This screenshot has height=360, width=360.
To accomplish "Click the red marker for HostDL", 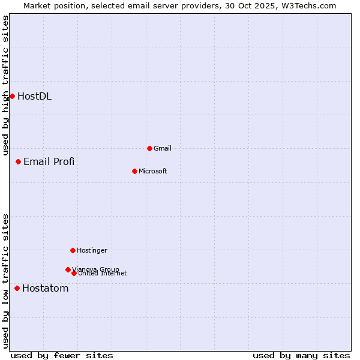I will click(12, 96).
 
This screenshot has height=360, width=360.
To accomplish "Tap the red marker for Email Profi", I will click(18, 161).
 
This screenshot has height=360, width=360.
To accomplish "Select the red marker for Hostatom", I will click(17, 288).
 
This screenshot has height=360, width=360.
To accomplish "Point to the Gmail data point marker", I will click(149, 148).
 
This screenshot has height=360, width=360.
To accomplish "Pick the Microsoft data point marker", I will click(134, 171).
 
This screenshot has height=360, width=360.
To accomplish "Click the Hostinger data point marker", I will click(73, 250).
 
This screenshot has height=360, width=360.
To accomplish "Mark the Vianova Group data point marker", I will click(68, 269).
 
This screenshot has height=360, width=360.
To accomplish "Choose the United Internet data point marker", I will click(74, 273).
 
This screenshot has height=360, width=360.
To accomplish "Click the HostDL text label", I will click(34, 96).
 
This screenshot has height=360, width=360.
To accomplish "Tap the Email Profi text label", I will click(49, 161).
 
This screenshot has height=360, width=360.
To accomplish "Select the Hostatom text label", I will click(45, 288).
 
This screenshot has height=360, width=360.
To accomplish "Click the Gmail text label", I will click(163, 148).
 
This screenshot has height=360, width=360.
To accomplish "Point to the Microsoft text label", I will click(153, 171).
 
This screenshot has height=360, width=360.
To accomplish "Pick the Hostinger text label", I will click(92, 250).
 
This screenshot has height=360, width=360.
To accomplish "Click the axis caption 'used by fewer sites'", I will click(62, 355).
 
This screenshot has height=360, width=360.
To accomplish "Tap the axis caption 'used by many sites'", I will click(301, 355).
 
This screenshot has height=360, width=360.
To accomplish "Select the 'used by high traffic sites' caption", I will click(5, 85).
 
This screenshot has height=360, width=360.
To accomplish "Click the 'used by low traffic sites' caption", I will click(5, 281).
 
